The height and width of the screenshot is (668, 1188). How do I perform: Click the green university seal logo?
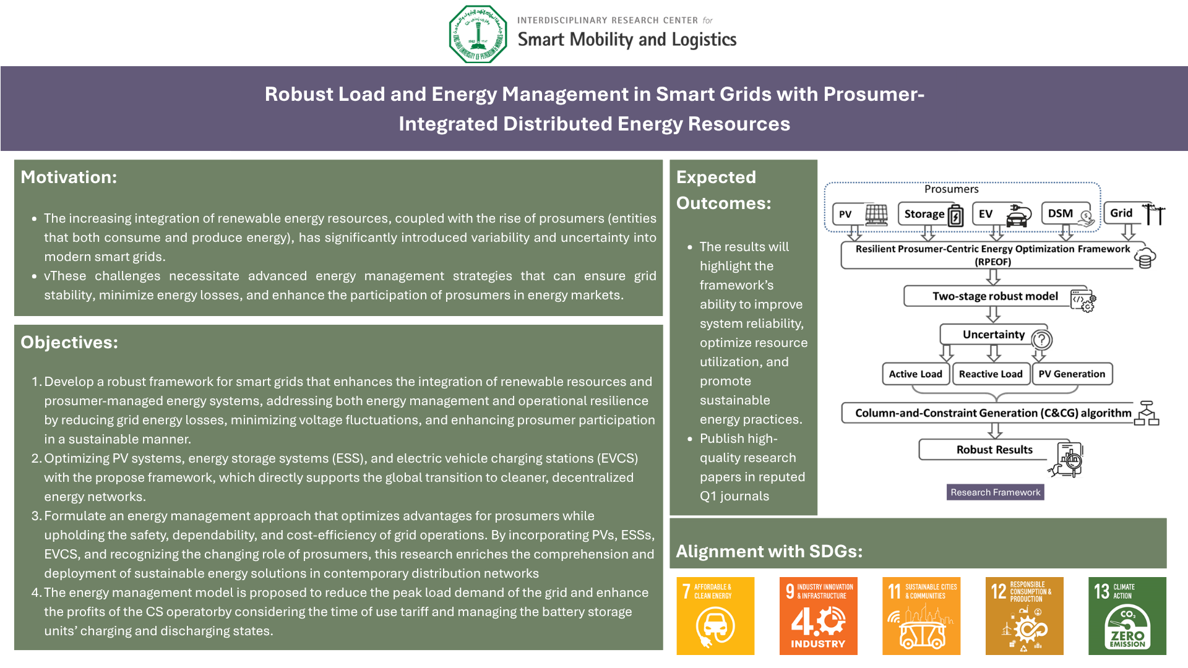(x=478, y=34)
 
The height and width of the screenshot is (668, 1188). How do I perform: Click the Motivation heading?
(x=69, y=178)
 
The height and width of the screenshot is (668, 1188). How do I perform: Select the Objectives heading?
(x=69, y=343)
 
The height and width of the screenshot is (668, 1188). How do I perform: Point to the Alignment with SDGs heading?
(x=769, y=551)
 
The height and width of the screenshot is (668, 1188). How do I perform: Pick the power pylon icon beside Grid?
(x=1154, y=214)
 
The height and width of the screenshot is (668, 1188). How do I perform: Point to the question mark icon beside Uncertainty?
(x=1042, y=340)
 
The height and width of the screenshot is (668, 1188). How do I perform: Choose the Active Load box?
(x=915, y=374)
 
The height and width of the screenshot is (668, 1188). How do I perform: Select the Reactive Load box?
(x=991, y=374)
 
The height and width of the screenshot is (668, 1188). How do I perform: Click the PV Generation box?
(x=1072, y=374)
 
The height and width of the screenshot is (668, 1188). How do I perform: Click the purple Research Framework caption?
(x=996, y=492)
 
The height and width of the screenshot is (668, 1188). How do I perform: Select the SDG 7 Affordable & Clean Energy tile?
(x=715, y=616)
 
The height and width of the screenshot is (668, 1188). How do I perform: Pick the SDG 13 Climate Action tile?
(x=1127, y=616)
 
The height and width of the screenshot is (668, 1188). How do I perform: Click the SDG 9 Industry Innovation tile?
(x=819, y=616)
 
